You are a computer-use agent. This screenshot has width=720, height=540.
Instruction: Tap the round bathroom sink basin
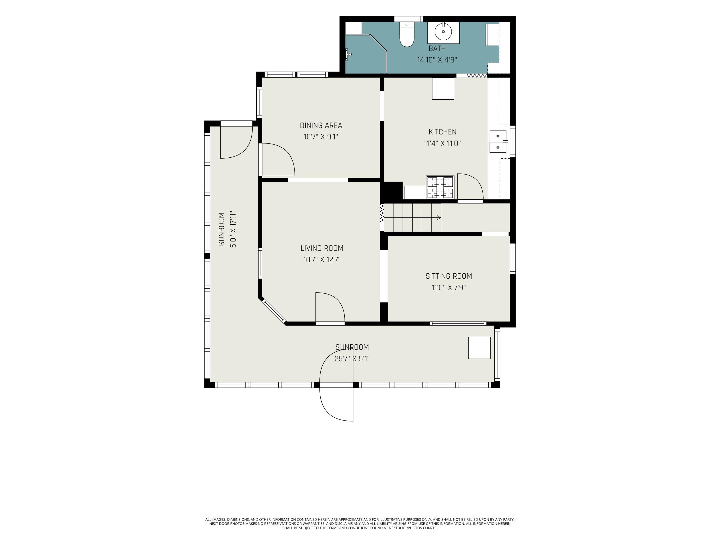tap(443, 32)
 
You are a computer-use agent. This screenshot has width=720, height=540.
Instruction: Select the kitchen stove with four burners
tap(440, 187)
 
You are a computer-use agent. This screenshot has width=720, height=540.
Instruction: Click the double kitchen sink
tap(498, 142)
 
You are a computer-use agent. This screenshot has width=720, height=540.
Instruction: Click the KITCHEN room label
tap(442, 132)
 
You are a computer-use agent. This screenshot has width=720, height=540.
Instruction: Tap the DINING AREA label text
tap(321, 125)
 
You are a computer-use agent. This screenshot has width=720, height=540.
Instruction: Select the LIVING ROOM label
tap(322, 248)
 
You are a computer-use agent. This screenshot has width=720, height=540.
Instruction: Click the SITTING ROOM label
tap(449, 276)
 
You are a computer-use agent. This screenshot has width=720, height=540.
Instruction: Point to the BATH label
tap(437, 48)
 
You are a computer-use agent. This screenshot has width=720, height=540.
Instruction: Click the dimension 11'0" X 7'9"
tap(449, 288)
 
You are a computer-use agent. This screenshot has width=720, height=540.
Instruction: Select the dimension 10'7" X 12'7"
tap(322, 260)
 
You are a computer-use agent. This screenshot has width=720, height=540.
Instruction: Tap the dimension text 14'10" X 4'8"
tap(437, 60)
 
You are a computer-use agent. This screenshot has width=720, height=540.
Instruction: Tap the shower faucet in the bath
tap(348, 54)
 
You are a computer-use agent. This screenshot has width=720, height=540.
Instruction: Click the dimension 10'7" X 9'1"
tap(321, 137)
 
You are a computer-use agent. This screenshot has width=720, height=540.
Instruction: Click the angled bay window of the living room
tap(274, 312)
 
